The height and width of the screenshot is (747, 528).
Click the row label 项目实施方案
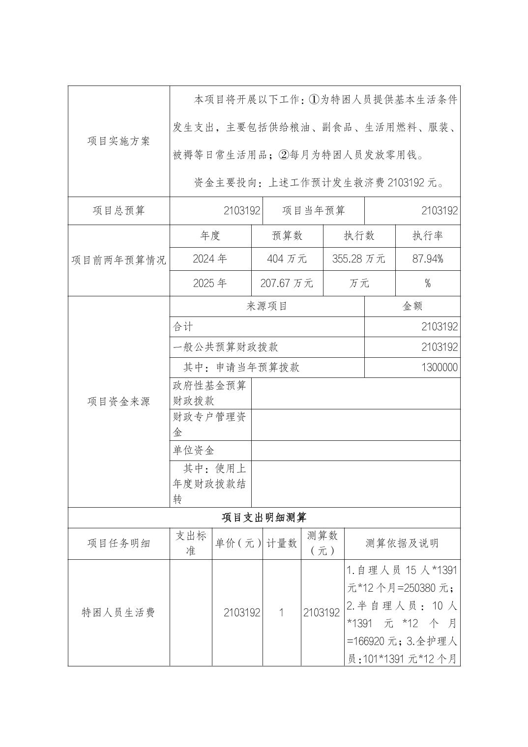click(x=118, y=142)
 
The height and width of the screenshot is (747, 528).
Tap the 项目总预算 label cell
click(x=118, y=211)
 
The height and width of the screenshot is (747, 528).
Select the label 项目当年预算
click(x=314, y=211)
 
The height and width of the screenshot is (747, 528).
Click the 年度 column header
click(x=210, y=236)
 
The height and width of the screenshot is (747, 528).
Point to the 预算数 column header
click(x=287, y=236)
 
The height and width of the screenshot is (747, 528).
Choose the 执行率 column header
click(x=428, y=236)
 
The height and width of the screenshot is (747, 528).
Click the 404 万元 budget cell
click(x=287, y=259)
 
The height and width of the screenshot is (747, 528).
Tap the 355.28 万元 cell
click(x=359, y=259)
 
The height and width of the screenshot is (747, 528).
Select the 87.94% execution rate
click(x=428, y=259)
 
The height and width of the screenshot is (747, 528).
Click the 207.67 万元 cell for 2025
click(x=287, y=283)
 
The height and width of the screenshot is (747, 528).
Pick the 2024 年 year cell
click(x=210, y=259)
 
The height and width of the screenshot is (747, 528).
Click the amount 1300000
click(x=439, y=368)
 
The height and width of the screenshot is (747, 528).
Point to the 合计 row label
click(x=183, y=327)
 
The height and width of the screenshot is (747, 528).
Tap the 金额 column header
click(x=412, y=306)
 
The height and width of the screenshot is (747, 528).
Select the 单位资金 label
click(x=193, y=451)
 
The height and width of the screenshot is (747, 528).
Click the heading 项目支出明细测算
click(x=264, y=518)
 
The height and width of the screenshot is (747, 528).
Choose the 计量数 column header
click(x=282, y=544)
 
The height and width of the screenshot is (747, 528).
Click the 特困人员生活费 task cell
click(x=118, y=613)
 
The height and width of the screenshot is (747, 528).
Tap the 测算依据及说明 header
click(x=402, y=544)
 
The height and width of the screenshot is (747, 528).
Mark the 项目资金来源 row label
click(x=118, y=402)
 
